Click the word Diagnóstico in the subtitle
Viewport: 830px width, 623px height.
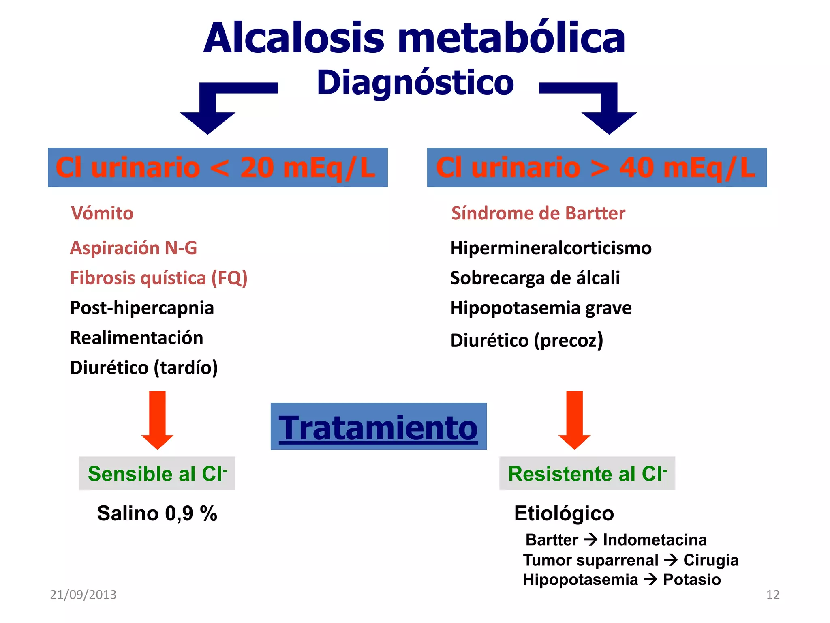point(415,83)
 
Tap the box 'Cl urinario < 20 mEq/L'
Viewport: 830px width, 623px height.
point(218,168)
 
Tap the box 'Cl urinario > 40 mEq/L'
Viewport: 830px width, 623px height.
point(597,168)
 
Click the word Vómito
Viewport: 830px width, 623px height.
point(102,213)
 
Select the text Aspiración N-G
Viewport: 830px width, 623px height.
point(133,248)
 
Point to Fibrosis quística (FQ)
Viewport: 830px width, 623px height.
point(158,278)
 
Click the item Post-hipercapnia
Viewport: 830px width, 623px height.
point(142,308)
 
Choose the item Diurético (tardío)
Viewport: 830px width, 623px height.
point(144,367)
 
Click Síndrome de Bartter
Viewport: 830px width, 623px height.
point(538,213)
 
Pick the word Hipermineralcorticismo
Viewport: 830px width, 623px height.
point(551,248)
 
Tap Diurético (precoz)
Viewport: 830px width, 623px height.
point(526,340)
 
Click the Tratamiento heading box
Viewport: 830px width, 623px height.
point(378,427)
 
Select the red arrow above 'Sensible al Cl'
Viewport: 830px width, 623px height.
point(157,420)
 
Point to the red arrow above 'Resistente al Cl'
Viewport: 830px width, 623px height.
point(574,420)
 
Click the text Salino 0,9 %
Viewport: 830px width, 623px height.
point(157,513)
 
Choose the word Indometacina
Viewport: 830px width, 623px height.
point(655,540)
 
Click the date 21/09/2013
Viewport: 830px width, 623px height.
point(83,595)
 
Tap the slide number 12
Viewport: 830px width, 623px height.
point(772,595)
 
